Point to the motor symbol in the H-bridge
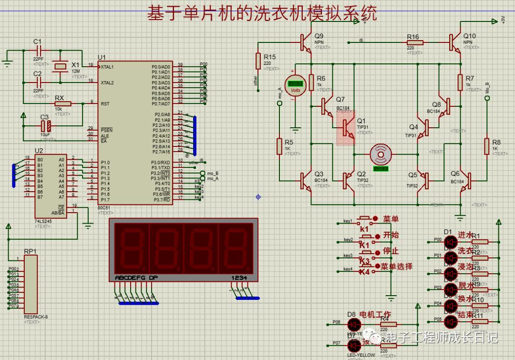(381, 154)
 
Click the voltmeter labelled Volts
(295, 85)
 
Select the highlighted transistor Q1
(346, 128)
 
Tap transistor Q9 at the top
(306, 42)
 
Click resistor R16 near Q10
(414, 42)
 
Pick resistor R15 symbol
(258, 61)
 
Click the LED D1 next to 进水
(450, 242)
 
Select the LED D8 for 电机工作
(353, 324)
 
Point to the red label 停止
(391, 251)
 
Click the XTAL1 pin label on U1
(107, 67)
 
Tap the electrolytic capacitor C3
(46, 126)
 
